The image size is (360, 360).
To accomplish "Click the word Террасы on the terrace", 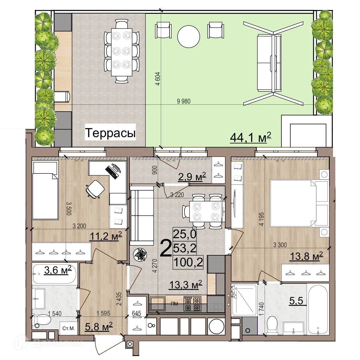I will click(110, 133).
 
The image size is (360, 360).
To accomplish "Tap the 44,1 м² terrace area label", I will click(250, 137).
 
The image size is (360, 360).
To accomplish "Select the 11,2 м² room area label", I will click(106, 236).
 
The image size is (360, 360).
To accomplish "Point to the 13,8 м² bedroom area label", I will click(306, 256).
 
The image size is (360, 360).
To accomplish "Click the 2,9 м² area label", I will click(192, 177).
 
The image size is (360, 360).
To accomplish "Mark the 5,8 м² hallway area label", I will click(99, 326).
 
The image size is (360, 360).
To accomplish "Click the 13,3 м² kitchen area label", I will click(185, 284).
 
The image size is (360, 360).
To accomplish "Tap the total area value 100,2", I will click(188, 262).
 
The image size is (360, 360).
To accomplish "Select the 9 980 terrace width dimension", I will click(184, 101).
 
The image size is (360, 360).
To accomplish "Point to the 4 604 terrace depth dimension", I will click(158, 79).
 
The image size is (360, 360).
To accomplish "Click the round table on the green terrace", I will click(188, 36).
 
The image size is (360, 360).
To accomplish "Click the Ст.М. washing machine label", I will click(68, 328).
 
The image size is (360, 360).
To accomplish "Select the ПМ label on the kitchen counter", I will click(174, 304).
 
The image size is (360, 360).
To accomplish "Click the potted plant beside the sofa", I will click(140, 255).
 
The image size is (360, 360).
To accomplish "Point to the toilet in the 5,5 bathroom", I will click(273, 325).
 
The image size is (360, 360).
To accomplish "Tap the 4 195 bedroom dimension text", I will click(262, 219).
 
